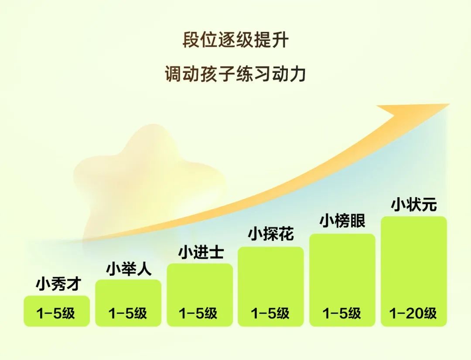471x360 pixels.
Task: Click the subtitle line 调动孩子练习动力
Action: [x=235, y=74]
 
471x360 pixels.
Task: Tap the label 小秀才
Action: [x=58, y=284]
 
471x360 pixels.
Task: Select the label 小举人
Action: [x=129, y=269]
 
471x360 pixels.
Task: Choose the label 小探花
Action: [x=271, y=234]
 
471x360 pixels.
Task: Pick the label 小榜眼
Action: [x=342, y=221]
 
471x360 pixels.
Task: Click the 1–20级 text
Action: [x=413, y=313]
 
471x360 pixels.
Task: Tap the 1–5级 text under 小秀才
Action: [x=55, y=313]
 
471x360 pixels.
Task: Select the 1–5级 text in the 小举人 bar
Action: [x=128, y=313]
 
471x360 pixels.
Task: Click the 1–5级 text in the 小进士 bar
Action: [x=198, y=313]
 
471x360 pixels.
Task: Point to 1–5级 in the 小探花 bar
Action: [x=270, y=313]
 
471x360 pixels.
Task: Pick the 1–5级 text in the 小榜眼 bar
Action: [x=341, y=313]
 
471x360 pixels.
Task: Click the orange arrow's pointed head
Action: [x=450, y=104]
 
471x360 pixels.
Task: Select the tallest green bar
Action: [x=413, y=271]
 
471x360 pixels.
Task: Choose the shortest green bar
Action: [x=57, y=311]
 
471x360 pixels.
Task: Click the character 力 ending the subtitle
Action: [x=298, y=74]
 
